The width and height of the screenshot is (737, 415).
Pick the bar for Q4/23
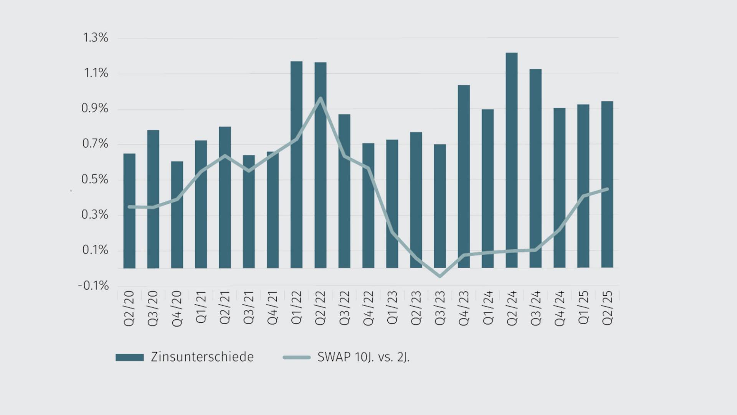[x=464, y=176]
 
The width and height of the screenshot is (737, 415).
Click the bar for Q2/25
[x=607, y=184]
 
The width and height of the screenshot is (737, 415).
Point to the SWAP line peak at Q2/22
[x=321, y=98]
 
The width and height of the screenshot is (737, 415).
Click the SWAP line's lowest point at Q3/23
[x=440, y=276]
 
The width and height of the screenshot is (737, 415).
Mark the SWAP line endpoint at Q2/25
[x=607, y=189]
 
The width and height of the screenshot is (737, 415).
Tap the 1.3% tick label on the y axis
[x=96, y=38]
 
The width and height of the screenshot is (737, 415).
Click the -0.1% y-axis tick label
[x=93, y=286]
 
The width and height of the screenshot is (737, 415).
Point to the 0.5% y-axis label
[x=95, y=179]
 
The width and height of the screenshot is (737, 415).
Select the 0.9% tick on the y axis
[x=95, y=109]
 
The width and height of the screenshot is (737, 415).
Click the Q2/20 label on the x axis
[x=129, y=308]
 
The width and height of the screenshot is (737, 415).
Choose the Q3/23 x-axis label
[x=440, y=308]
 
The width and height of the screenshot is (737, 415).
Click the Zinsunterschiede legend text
[x=202, y=357]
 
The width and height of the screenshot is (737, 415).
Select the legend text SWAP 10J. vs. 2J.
[x=364, y=357]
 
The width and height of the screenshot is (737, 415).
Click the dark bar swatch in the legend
[x=130, y=357]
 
